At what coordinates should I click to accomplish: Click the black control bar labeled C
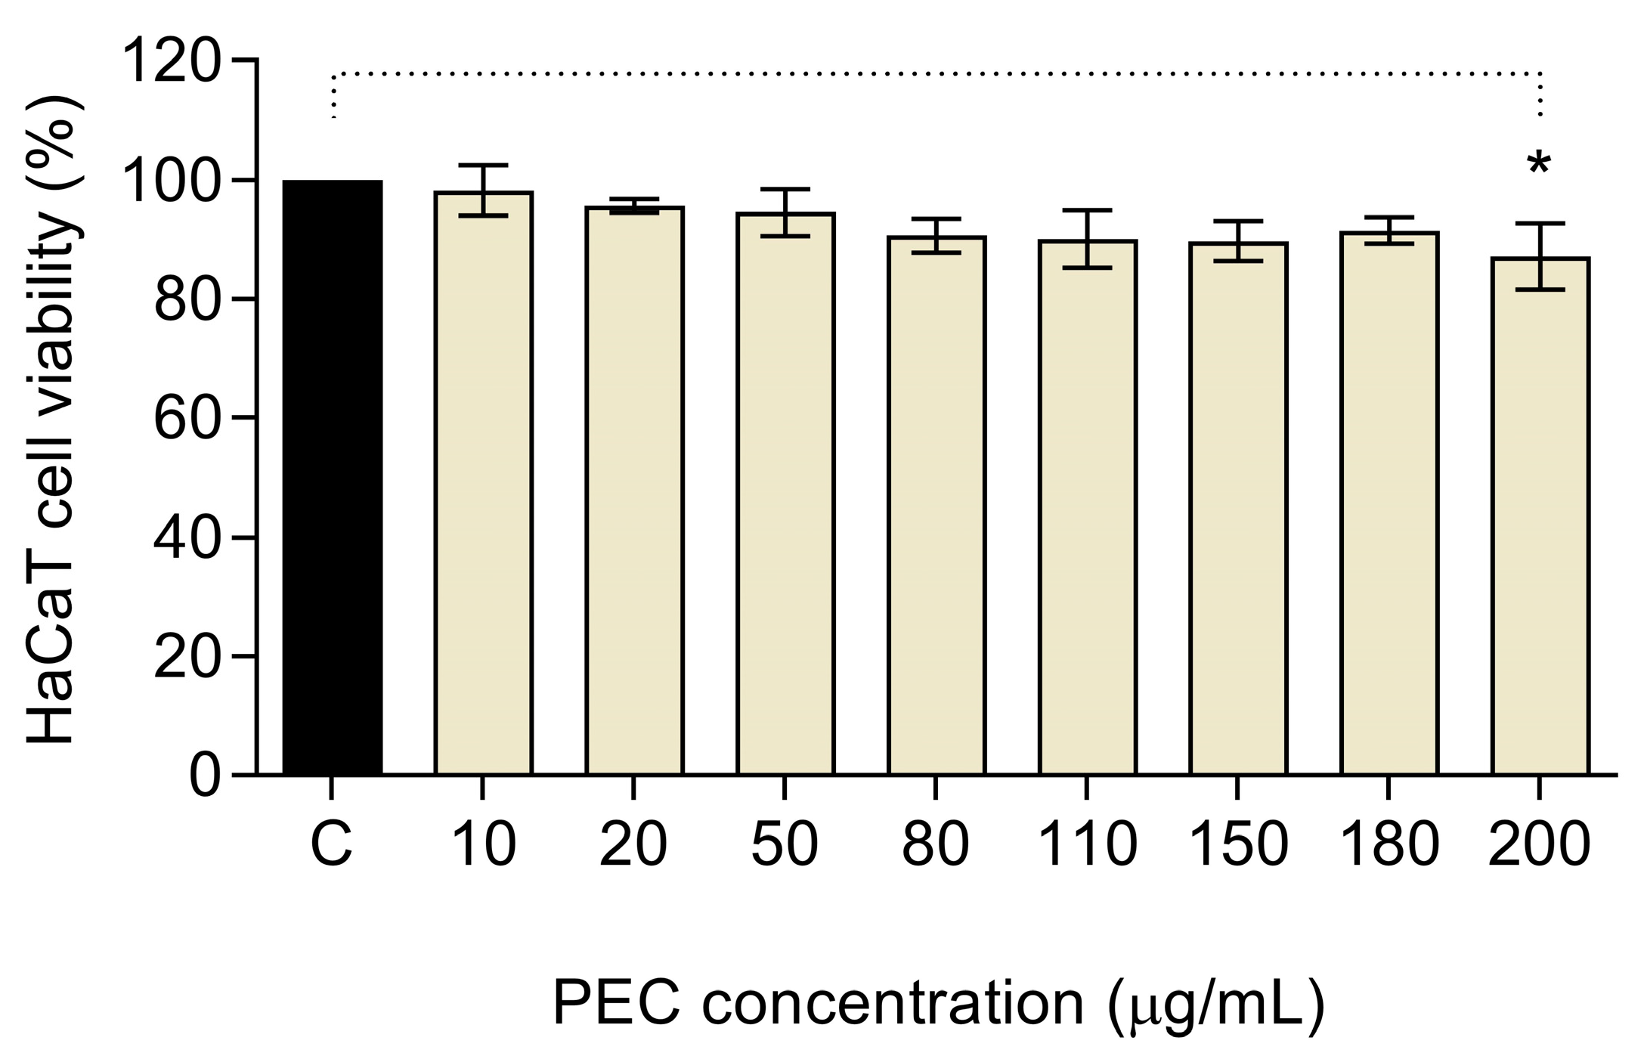tap(332, 476)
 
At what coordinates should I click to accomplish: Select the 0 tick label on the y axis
tap(205, 776)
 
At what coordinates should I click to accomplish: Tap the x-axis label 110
tap(1087, 844)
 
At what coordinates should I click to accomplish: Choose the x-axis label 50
tap(785, 844)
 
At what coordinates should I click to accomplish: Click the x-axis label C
tap(331, 844)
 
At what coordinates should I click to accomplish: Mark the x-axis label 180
tap(1389, 844)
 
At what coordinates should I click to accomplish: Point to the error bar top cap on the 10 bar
tap(483, 165)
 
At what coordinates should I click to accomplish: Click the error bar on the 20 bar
tap(633, 206)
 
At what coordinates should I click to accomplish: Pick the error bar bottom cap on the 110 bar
tap(1087, 268)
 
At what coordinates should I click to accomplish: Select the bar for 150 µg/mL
tap(1238, 514)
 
